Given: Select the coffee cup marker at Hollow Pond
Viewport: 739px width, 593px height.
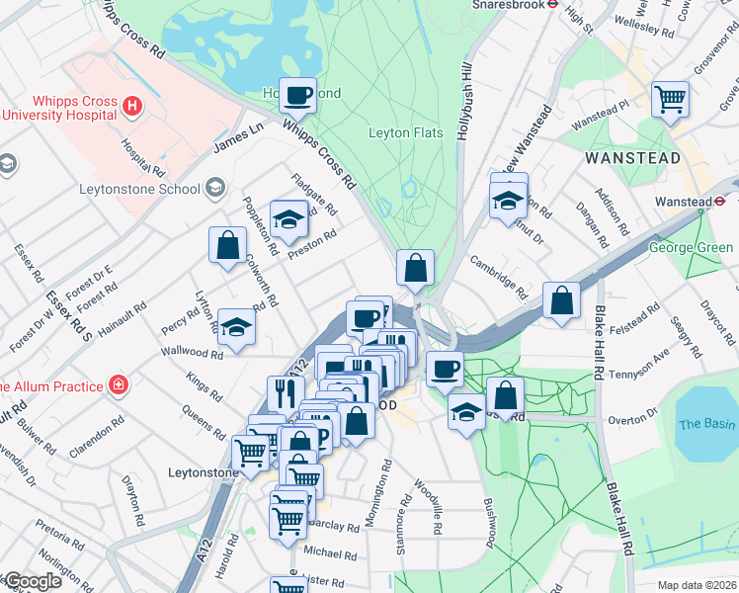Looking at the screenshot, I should coord(297,96).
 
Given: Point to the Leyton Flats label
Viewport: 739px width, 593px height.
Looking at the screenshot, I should coord(411,132).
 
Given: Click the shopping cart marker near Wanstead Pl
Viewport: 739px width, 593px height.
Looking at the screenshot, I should coord(670,99).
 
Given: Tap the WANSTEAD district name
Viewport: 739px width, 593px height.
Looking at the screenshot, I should coord(632,158).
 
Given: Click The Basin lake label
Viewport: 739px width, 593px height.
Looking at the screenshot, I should coord(706,424).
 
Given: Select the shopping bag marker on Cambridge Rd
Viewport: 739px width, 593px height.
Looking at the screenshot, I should coord(561,300).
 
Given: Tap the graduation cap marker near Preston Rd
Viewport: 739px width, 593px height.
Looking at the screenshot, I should coord(288,219).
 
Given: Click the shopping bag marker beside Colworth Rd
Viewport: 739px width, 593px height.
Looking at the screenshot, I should coord(227,245).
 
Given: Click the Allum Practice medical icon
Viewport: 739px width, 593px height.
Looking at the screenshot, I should coord(119,385).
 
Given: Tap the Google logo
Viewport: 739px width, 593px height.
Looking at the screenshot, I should coord(32,581).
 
